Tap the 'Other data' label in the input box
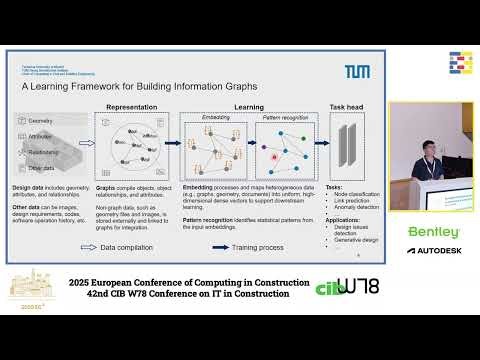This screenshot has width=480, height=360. pyautogui.click(x=45, y=168)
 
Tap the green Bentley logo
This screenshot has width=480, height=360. pyautogui.click(x=434, y=232)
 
